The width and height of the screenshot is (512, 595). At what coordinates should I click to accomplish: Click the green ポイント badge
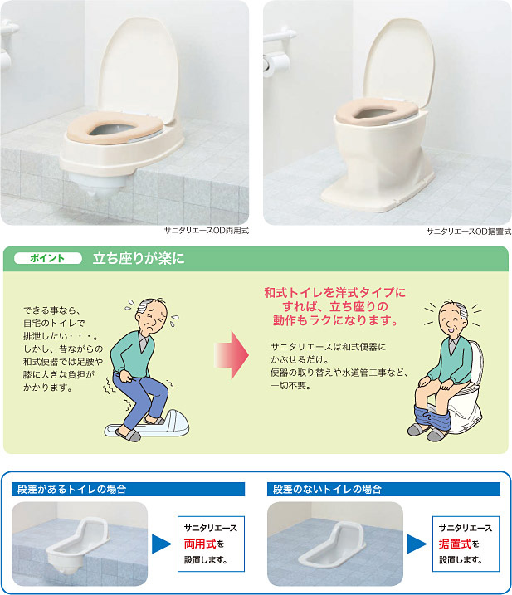(x=48, y=258)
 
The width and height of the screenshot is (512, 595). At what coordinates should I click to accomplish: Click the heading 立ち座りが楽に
(x=139, y=258)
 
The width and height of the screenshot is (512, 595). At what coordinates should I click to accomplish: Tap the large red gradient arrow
(x=232, y=355)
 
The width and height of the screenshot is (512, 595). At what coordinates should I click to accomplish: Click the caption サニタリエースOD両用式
(x=207, y=231)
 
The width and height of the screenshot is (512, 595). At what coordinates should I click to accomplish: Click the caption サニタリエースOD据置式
(x=469, y=231)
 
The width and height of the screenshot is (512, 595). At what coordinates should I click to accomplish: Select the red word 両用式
(x=200, y=544)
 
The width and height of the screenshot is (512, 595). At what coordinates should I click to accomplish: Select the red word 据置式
(x=455, y=544)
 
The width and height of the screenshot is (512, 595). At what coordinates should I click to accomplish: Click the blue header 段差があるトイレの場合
(x=71, y=489)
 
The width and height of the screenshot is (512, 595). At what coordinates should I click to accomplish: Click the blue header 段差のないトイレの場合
(x=327, y=489)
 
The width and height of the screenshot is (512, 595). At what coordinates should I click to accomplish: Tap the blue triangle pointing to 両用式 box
(x=161, y=544)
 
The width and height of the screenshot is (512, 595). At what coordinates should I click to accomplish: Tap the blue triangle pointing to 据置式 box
(x=417, y=544)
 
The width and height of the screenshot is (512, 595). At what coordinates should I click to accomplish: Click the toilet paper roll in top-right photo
(x=276, y=64)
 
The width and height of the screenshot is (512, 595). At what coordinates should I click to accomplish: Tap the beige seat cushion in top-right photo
(x=377, y=111)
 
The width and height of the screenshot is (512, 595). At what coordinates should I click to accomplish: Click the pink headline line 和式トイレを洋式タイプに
(x=334, y=293)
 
